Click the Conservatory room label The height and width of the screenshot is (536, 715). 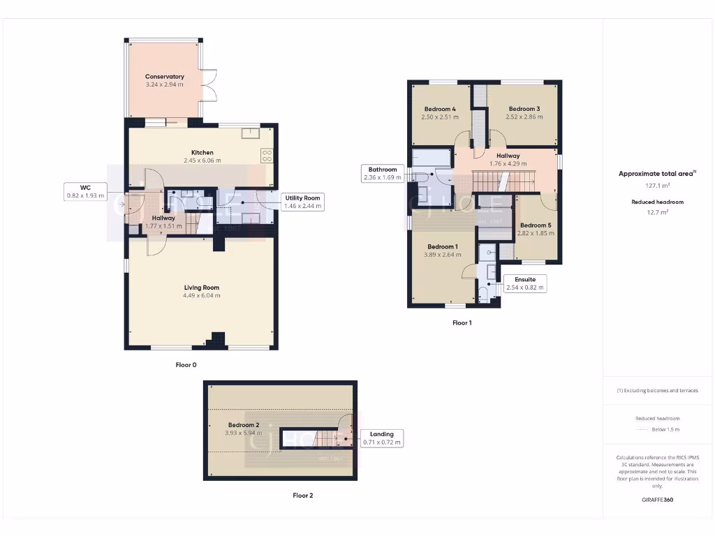tap(164, 76)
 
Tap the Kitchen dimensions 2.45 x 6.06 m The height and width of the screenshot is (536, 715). tap(202, 161)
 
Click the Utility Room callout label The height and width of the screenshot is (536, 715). tap(302, 202)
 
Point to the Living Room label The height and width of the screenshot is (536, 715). tap(202, 288)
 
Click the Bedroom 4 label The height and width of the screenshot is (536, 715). tap(440, 109)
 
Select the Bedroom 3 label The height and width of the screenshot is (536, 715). tap(524, 109)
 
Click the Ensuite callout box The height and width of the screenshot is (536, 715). tap(524, 283)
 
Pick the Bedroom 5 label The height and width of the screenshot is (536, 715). tap(536, 225)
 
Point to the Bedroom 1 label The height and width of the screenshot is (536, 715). tap(443, 247)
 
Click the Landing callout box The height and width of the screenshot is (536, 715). tap(381, 438)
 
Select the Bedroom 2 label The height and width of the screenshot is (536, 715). tap(244, 425)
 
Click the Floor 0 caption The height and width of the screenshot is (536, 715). tap(186, 364)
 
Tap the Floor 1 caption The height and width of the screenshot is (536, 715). tap(462, 323)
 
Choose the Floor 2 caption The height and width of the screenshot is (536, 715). tap(302, 496)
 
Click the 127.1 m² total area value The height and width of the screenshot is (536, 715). tap(656, 186)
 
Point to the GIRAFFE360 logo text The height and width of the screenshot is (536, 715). tap(657, 500)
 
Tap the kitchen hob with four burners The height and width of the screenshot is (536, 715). tap(267, 155)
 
